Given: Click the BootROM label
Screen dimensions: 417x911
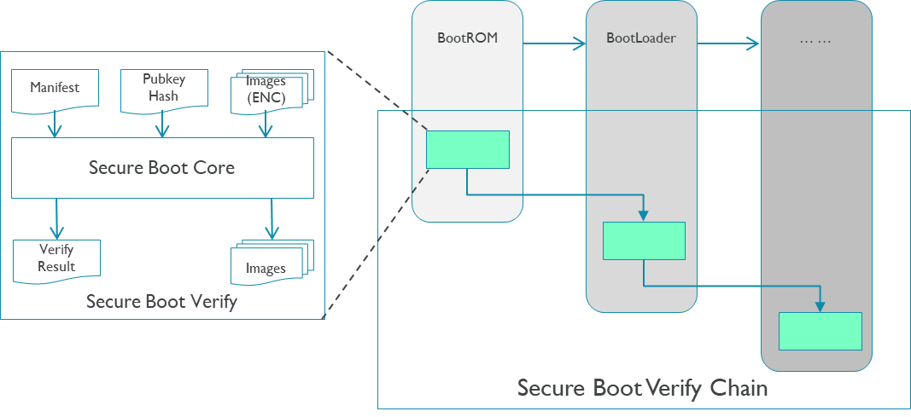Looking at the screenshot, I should (x=467, y=38).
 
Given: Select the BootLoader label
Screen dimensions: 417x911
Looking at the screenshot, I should (x=640, y=38).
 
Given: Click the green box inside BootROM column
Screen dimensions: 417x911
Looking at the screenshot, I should (x=467, y=149).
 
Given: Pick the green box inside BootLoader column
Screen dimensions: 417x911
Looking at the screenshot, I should (x=644, y=240).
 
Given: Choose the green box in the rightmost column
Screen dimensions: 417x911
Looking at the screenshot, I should (x=820, y=331).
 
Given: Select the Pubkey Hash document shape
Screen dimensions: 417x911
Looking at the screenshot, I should (x=163, y=89).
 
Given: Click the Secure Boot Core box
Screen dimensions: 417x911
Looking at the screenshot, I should (x=162, y=168).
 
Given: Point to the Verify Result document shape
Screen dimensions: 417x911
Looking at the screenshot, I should (x=56, y=258).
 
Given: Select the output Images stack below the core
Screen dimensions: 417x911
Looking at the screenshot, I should (x=266, y=265).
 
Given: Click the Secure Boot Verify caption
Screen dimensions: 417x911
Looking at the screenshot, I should (x=161, y=301).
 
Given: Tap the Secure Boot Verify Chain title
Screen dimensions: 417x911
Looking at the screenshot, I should (x=642, y=389).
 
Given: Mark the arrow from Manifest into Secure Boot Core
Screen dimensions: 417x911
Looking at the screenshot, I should (x=55, y=125).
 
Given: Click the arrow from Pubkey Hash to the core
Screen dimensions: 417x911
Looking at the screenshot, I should (x=162, y=125).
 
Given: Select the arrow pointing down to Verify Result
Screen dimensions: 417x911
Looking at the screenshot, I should (x=56, y=218).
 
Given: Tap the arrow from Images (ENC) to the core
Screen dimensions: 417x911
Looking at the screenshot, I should (x=266, y=125).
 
